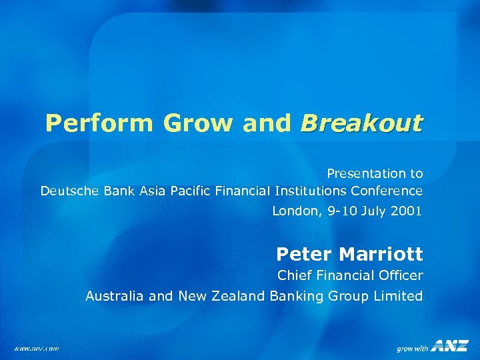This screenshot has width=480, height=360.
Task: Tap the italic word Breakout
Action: pyautogui.click(x=361, y=123)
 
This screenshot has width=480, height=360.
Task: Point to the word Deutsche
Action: pyautogui.click(x=68, y=191)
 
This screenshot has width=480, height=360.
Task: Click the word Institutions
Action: pyautogui.click(x=307, y=191)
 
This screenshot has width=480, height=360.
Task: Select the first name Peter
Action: pyautogui.click(x=305, y=254)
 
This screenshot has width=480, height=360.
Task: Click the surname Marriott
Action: pyautogui.click(x=381, y=254)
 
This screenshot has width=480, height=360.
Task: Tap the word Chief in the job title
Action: pyautogui.click(x=293, y=275)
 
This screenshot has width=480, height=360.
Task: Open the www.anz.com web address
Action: pyautogui.click(x=37, y=347)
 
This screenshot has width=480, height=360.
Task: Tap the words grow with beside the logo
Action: pyautogui.click(x=412, y=348)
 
